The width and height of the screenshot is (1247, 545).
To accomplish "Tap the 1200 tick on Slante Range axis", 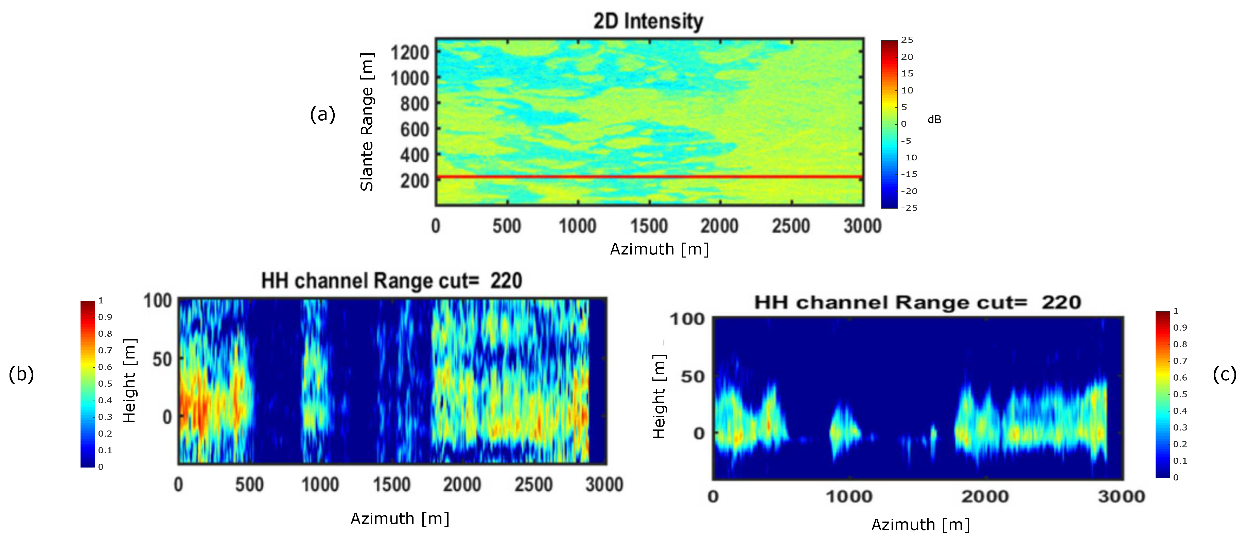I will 409,52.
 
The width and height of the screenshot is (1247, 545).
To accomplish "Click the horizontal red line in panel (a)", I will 649,177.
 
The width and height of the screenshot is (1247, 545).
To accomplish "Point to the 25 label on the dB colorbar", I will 907,40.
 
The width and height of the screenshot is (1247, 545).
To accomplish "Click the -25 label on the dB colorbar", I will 909,208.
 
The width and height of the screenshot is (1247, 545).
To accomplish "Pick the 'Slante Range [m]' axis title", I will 366,122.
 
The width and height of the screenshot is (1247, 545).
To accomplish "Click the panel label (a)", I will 322,115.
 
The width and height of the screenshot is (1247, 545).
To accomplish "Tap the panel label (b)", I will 21,374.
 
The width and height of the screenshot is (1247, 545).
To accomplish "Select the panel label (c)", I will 1224,374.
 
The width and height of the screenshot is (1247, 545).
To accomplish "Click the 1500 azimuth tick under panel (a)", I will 649,226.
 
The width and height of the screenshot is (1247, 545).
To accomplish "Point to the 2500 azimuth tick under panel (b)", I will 533,485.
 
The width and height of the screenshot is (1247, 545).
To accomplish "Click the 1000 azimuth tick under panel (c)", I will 848,497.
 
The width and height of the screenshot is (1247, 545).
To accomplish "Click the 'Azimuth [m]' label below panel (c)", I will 920,525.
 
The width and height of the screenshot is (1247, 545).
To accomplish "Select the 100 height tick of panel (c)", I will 686,319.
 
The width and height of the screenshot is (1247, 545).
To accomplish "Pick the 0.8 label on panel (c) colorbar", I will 1180,344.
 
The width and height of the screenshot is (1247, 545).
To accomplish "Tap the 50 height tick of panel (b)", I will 162,359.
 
